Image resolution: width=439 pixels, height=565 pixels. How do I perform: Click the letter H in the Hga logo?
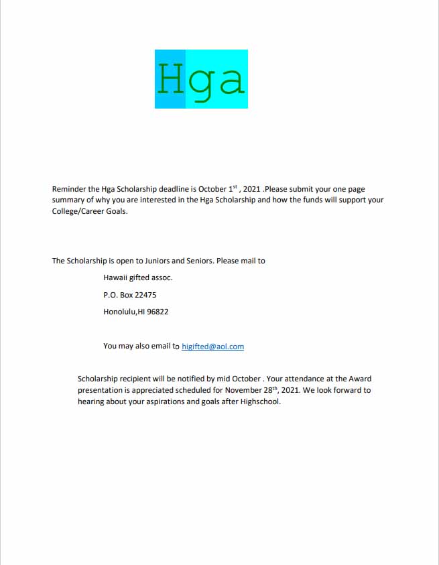tap(171, 79)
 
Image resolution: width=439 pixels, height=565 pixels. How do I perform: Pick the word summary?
tap(68, 200)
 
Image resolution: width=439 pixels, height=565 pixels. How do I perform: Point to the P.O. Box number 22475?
tap(146, 295)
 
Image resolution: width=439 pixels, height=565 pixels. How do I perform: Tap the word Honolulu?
tap(119, 312)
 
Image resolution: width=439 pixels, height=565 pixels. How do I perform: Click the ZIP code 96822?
tap(158, 312)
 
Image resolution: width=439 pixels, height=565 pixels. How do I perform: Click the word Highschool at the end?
tap(258, 402)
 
